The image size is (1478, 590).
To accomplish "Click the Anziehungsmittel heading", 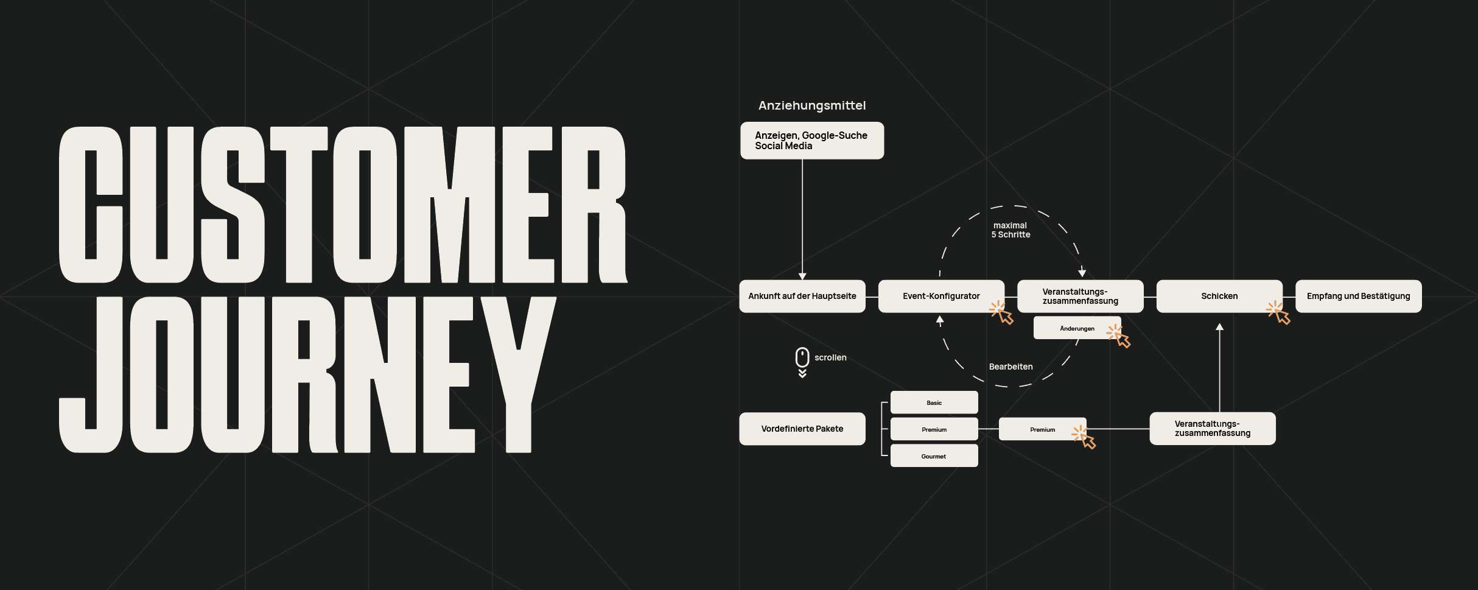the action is pos(811,105).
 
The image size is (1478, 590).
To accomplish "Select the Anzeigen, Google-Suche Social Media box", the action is pos(811,141).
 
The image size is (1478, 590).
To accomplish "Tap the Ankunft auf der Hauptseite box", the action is pos(802,296).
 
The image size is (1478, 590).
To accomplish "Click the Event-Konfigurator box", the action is pos(940,296).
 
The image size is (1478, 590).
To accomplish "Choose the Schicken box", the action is pos(1219,296).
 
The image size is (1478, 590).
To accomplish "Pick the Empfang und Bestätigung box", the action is pos(1358,296).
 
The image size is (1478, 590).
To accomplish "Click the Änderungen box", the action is pos(1076,328).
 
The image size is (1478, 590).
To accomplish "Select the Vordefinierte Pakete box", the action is pos(802,429).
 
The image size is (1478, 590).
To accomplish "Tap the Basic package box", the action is pos(934,402).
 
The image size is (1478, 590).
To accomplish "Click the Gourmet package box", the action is pos(934,456).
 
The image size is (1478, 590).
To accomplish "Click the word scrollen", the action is pos(830,357).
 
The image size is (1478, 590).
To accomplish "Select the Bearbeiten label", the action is pos(1010,367).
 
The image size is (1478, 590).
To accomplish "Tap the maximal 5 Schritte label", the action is pos(1010,230).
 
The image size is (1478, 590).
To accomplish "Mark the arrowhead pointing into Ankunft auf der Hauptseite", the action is pos(802,276).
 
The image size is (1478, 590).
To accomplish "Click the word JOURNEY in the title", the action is pos(307,374).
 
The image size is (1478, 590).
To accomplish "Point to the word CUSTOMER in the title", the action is pos(342,205).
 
